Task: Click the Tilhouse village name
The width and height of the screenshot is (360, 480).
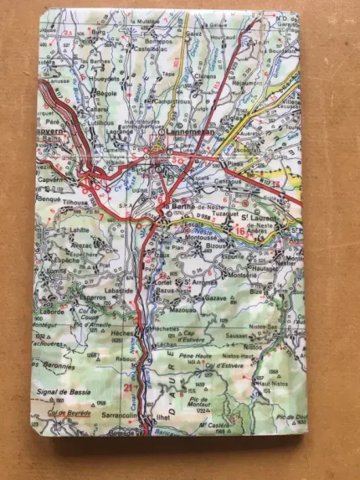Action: pos(75,202)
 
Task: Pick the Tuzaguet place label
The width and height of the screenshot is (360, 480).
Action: pos(212,215)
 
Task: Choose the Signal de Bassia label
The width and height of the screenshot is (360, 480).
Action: pos(66,390)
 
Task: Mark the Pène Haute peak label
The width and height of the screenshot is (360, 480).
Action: pos(193,357)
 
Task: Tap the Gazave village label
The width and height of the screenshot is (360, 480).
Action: pos(215,297)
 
